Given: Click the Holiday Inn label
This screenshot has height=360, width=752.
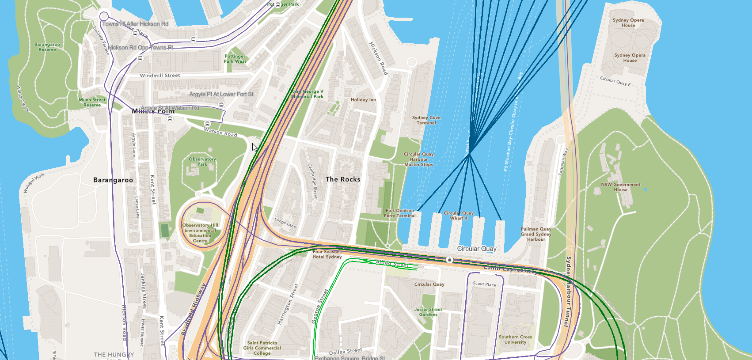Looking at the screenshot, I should coord(363,100).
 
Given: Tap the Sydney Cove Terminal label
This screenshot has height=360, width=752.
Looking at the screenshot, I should coord(426,120).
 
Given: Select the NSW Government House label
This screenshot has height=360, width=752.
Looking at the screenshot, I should coord(620,187).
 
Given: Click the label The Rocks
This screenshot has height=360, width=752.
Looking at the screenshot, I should coord(343,179).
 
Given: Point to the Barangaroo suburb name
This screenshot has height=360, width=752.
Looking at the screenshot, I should coord(113,180).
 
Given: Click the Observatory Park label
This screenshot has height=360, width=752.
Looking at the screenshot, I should coord(202,162).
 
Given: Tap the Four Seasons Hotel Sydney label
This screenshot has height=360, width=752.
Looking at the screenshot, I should coord(327,254).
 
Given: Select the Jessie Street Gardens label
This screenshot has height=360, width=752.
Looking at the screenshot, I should coord(428,312).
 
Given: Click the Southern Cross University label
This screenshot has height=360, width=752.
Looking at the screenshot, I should coord(515,340).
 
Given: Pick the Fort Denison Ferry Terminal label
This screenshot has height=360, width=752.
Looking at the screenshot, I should coord(399,213).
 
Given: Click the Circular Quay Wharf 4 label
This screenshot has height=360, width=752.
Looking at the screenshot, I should coord(459,216).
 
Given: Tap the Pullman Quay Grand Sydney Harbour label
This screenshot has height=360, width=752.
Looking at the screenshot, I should coord(536,234).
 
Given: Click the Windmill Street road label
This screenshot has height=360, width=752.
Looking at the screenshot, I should coord(160,76).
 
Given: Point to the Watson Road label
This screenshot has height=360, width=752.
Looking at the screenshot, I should coord(220,132).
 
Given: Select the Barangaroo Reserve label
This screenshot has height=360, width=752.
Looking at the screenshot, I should coord(47,47).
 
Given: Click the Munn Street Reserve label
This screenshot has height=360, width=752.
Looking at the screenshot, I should coord(92,102).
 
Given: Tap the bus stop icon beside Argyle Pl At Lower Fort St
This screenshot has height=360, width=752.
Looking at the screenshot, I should coord(221,105).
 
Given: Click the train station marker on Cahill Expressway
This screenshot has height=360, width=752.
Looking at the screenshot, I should coord(450,260).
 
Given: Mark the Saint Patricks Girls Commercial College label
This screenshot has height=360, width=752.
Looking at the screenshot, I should coord(262,348).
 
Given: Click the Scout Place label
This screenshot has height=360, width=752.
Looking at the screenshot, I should coord(484,284).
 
